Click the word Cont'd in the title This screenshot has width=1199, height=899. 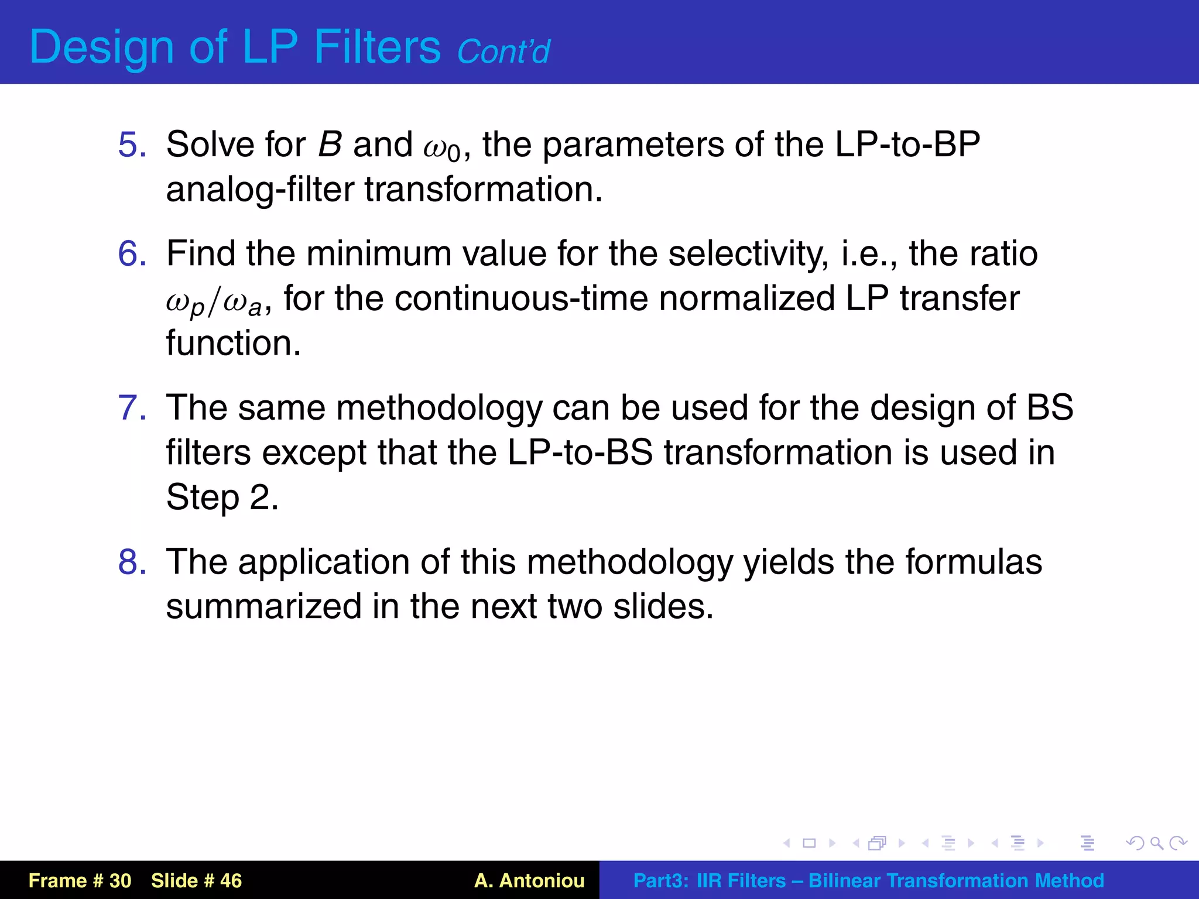click(x=503, y=52)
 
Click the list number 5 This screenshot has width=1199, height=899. click(x=132, y=145)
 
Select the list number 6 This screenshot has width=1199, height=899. click(x=132, y=253)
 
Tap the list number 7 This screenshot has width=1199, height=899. click(x=132, y=408)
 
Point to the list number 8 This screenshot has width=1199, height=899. click(x=132, y=562)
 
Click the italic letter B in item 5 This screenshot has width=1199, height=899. click(x=330, y=145)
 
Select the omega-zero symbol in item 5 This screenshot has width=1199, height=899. click(x=442, y=147)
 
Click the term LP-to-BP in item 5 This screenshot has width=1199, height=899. click(x=907, y=145)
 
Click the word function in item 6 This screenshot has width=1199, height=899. click(x=233, y=343)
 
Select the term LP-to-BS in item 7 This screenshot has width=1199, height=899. click(x=580, y=453)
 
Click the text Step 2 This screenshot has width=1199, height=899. click(x=222, y=498)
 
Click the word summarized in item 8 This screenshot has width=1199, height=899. click(x=263, y=606)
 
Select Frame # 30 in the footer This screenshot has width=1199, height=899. click(x=80, y=880)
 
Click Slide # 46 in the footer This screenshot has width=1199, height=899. click(x=196, y=880)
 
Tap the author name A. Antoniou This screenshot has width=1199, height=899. click(x=529, y=880)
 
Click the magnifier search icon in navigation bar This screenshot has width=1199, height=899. click(x=1156, y=843)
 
